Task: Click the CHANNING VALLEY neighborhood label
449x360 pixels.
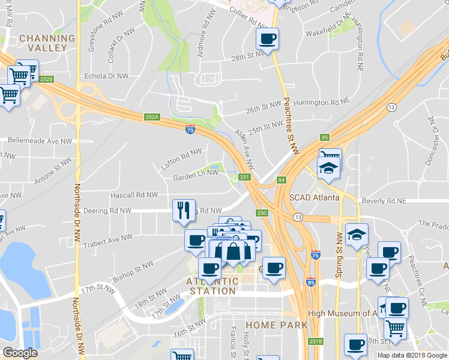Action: click(47, 43)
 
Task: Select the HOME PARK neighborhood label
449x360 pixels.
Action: click(276, 325)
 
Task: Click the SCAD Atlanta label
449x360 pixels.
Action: click(315, 197)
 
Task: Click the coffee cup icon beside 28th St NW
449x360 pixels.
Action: click(267, 40)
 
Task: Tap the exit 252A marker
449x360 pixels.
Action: click(152, 117)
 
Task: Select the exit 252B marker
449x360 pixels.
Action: click(46, 79)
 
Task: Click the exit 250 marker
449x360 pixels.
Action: click(262, 213)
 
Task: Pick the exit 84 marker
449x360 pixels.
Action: click(281, 180)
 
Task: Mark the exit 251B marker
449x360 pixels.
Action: click(316, 341)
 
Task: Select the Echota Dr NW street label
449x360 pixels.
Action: click(106, 76)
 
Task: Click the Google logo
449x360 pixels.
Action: click(20, 353)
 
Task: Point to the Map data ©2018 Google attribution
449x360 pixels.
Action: click(411, 355)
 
